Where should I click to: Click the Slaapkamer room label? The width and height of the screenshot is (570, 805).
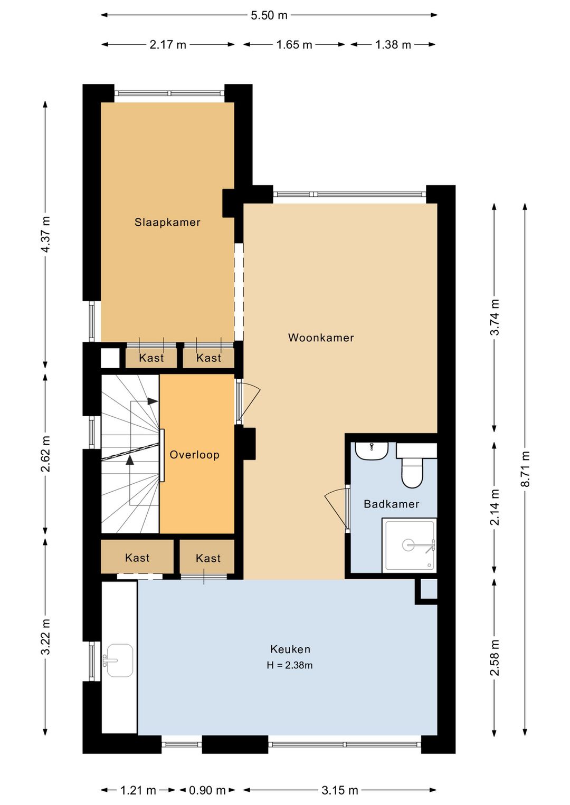(167, 222)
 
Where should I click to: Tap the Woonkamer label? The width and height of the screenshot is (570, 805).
(321, 338)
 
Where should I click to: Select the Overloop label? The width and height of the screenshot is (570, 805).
(194, 455)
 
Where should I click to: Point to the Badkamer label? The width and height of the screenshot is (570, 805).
(391, 504)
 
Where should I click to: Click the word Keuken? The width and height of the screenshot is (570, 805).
(290, 649)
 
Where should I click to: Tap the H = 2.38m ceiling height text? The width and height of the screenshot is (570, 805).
(290, 665)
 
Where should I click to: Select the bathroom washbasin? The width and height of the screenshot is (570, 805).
(372, 452)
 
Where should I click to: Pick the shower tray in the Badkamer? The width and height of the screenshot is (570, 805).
(409, 545)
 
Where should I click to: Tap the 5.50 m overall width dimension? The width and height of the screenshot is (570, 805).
(269, 15)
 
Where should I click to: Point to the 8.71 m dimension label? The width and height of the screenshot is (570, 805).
(526, 468)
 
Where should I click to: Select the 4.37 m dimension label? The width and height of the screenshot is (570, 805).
(45, 234)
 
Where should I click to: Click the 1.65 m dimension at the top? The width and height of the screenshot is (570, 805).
(294, 44)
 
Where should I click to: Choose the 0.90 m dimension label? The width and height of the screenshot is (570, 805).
(207, 790)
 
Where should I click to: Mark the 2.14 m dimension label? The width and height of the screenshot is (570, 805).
(495, 507)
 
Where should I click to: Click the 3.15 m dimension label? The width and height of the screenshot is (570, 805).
(339, 790)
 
